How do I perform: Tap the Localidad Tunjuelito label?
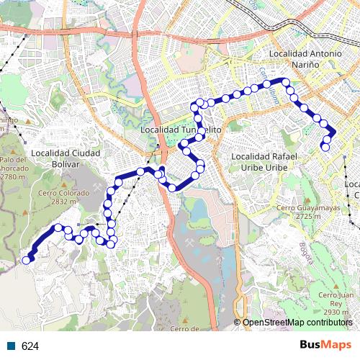(181, 130)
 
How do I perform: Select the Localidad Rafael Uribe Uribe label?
(262, 161)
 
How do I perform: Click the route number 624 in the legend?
(30, 346)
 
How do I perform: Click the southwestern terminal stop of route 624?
(27, 261)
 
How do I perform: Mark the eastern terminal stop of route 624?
(325, 147)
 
